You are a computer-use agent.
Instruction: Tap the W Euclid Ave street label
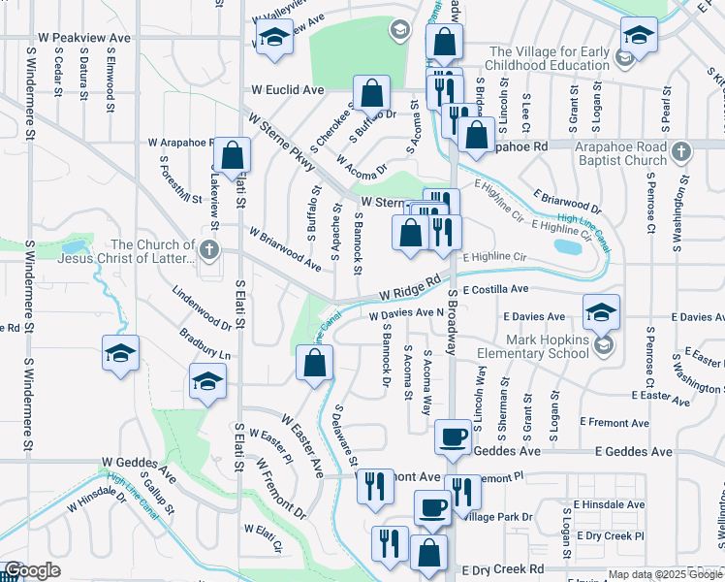click(288, 89)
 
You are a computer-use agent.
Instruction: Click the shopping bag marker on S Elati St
click(233, 154)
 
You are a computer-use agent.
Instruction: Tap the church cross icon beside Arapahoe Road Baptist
click(681, 152)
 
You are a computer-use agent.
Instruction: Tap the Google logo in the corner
click(33, 570)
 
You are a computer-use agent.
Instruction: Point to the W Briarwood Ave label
click(285, 248)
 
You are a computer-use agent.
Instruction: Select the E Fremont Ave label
click(612, 422)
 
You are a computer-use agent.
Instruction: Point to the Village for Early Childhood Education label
click(552, 59)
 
